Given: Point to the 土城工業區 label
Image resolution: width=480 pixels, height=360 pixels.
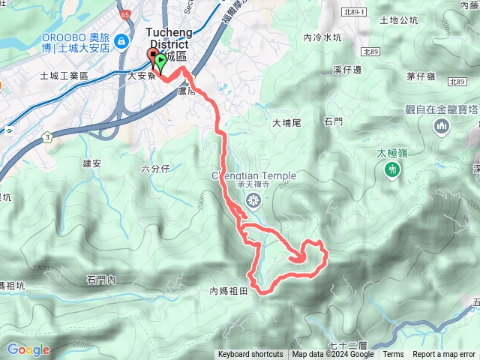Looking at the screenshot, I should (64, 76).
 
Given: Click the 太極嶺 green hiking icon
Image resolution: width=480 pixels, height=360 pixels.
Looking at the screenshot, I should (391, 171).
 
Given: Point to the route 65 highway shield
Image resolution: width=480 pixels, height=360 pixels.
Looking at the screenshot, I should (124, 14).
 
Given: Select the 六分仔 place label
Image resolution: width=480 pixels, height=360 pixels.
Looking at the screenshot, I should (155, 169).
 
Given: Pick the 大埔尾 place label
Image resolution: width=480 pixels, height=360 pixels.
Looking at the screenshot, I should (286, 122).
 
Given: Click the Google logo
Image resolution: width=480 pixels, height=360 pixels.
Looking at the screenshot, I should (28, 349).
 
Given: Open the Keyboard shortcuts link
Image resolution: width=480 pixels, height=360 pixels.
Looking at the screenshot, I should (250, 355).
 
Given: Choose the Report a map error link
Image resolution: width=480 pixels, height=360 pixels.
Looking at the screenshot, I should (444, 355).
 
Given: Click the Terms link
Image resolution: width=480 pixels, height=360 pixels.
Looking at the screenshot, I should (393, 355).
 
